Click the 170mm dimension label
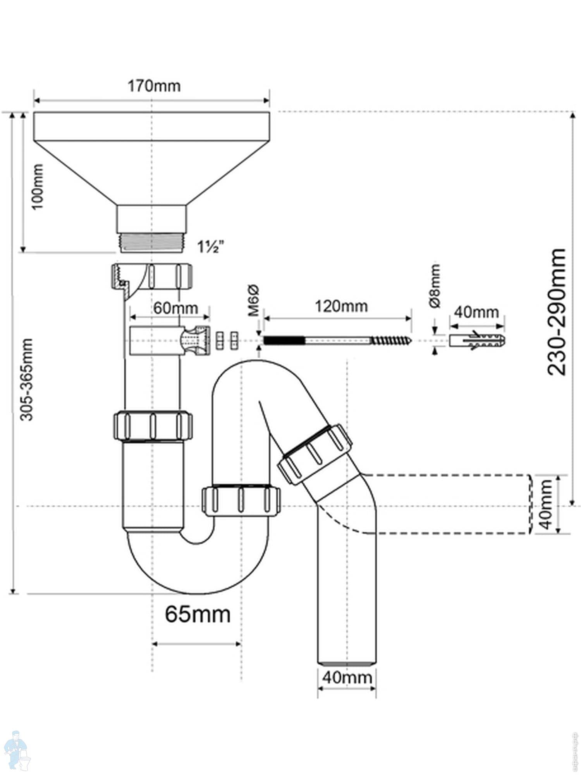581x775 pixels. [154, 86]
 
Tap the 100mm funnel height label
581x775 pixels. [38, 186]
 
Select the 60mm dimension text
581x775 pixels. [175, 308]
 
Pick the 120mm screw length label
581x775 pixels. [341, 307]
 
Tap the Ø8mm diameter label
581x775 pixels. [435, 286]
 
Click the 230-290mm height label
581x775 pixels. [557, 312]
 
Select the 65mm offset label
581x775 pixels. [198, 614]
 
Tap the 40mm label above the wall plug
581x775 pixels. [476, 312]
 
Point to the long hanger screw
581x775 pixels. [337, 340]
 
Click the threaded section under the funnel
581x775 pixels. [151, 243]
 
